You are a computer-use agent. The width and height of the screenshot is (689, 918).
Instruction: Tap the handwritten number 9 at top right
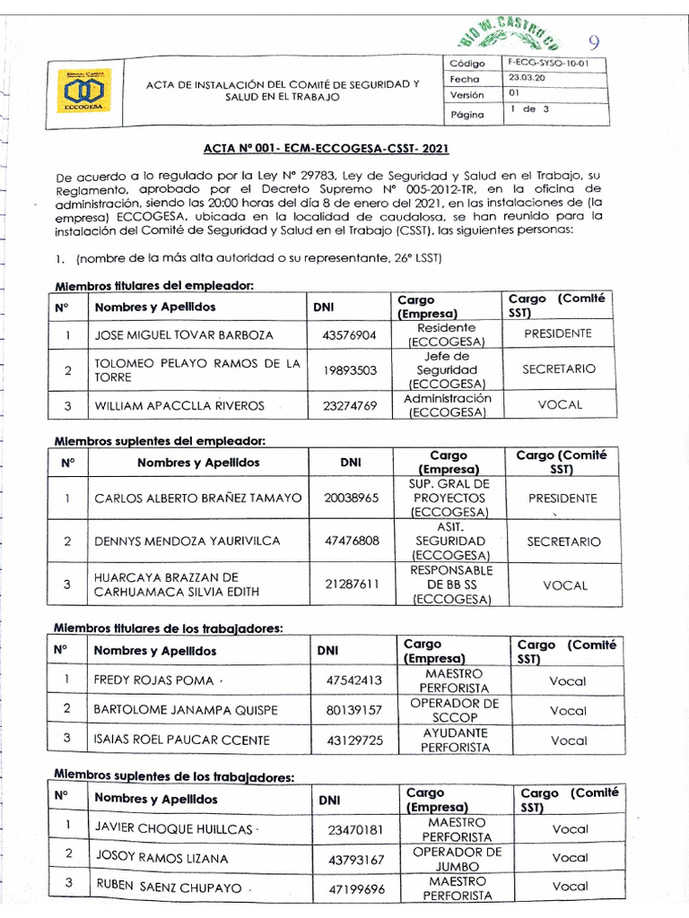tap(594, 42)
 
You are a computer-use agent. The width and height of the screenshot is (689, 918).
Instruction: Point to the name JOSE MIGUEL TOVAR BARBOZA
tap(184, 334)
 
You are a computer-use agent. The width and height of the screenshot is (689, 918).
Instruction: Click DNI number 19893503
tap(350, 369)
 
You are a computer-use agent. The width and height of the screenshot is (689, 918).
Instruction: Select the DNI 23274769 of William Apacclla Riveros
tap(350, 405)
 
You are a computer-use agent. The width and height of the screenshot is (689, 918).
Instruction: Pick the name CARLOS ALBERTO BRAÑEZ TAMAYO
tap(197, 498)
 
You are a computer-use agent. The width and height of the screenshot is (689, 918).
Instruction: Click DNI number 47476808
tap(352, 541)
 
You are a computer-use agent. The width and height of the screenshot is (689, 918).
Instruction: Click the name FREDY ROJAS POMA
tap(153, 680)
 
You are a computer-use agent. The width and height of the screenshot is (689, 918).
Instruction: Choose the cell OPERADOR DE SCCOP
tap(454, 710)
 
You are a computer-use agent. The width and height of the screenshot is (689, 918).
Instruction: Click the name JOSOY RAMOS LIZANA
tap(161, 858)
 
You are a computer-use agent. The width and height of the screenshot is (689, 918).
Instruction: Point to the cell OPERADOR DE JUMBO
tap(457, 858)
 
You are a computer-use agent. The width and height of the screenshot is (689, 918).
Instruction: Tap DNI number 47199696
tap(356, 888)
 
